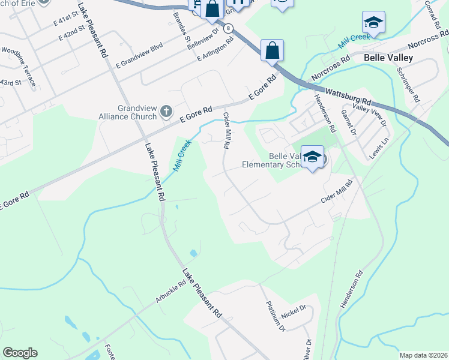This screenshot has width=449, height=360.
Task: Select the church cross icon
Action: click(166, 112)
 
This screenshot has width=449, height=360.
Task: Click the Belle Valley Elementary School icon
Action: click(313, 158)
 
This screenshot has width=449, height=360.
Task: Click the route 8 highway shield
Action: click(228, 28)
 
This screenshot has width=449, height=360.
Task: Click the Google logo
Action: click(20, 353)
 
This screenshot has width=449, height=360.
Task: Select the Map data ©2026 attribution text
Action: click(423, 355)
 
